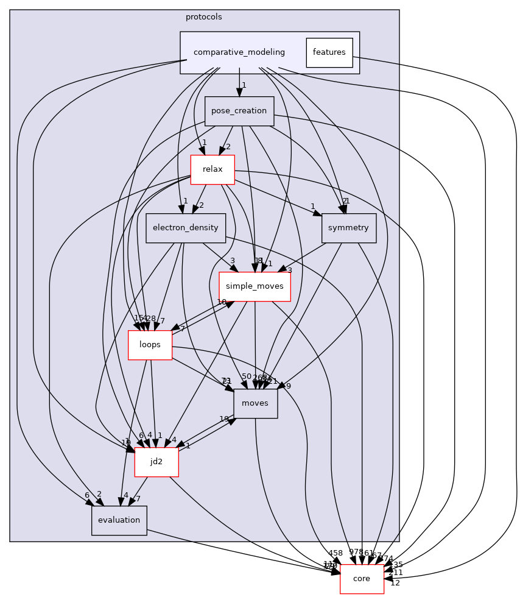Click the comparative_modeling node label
(x=239, y=52)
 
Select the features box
(x=329, y=52)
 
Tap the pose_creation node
(x=239, y=111)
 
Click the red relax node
(x=213, y=169)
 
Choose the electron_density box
(x=186, y=228)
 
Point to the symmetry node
(x=348, y=228)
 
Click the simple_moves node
(x=255, y=286)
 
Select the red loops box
(x=150, y=345)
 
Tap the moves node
(x=255, y=403)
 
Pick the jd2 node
(x=156, y=462)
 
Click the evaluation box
(x=119, y=520)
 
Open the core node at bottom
(x=362, y=579)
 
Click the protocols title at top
(x=203, y=17)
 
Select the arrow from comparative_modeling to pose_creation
(x=239, y=85)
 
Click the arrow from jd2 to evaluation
(x=138, y=491)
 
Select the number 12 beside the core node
(x=395, y=583)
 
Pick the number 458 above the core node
(x=336, y=553)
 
